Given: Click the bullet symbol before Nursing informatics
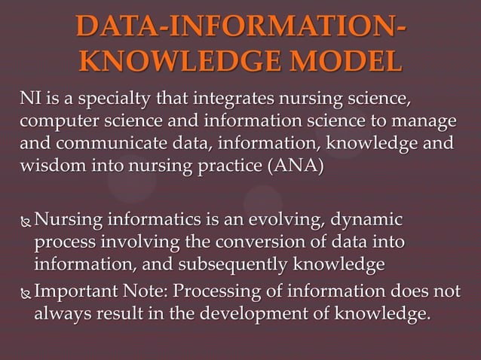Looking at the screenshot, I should (26, 222).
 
